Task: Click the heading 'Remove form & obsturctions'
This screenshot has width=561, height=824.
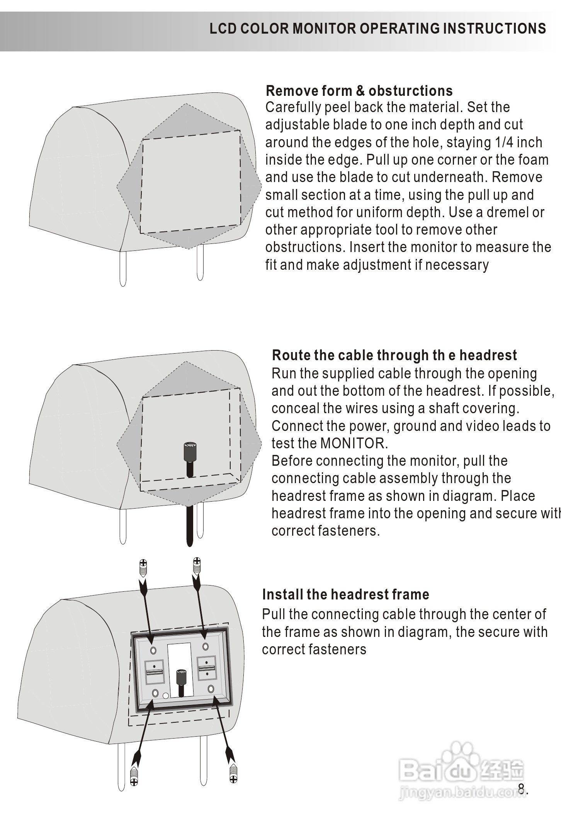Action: click(359, 91)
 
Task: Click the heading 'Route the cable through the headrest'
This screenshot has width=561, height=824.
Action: click(394, 355)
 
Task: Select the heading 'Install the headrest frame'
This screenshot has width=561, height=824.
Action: click(345, 594)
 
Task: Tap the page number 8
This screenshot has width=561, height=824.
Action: click(521, 788)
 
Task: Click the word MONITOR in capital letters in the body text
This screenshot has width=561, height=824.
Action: click(354, 443)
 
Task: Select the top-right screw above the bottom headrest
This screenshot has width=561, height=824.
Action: click(197, 566)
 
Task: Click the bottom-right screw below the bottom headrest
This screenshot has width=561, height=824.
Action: click(233, 773)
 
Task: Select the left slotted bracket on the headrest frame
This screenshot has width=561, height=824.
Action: click(154, 672)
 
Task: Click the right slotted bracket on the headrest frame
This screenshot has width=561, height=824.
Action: click(207, 668)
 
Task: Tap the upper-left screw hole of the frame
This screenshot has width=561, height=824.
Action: click(153, 650)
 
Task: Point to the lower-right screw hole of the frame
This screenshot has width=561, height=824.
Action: click(211, 689)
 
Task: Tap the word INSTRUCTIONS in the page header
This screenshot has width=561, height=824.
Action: click(494, 29)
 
